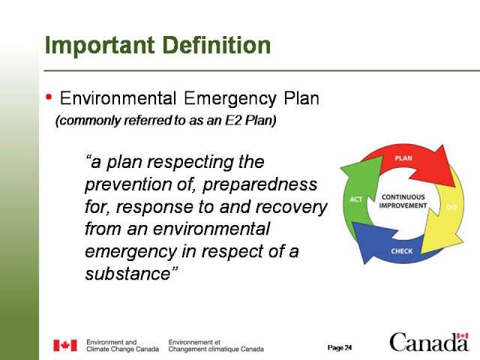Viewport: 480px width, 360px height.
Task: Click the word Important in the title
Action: coord(100,45)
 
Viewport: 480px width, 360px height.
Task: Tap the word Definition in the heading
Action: coord(217,45)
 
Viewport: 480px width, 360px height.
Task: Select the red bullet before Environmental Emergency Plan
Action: coord(49,97)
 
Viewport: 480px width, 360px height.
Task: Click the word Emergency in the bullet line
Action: coord(230,99)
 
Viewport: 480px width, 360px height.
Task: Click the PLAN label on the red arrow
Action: coord(403,158)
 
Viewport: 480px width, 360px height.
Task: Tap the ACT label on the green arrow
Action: coord(356,199)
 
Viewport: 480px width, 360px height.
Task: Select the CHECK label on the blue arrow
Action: coord(402,251)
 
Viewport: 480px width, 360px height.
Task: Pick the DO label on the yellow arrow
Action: coord(451,208)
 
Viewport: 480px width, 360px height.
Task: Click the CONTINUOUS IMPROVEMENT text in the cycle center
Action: coord(403,201)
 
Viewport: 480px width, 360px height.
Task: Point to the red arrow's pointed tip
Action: coord(455,187)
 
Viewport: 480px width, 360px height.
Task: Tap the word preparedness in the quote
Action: coord(260,184)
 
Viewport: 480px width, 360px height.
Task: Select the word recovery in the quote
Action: coord(290,207)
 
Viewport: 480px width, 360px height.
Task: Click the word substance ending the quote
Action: coord(127,274)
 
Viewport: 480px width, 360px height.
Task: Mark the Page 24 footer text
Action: coord(340,348)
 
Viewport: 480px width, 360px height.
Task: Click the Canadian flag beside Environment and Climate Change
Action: coord(65,345)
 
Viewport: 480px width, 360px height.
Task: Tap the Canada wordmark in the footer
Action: coord(429,342)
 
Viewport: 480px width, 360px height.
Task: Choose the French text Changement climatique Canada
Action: coord(216,349)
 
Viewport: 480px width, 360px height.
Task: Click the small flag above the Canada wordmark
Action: coord(462,336)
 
